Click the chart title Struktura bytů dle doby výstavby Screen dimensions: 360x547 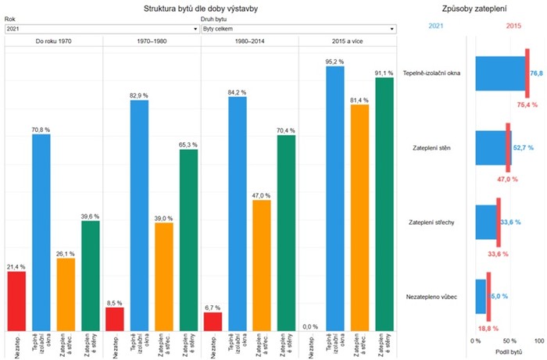tap(201, 9)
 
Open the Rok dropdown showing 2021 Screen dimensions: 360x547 tap(102, 29)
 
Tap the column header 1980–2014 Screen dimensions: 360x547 tap(249, 41)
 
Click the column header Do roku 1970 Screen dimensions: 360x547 tap(53, 41)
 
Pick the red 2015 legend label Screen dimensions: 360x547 tap(513, 27)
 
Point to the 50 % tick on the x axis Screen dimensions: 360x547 tap(509, 341)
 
